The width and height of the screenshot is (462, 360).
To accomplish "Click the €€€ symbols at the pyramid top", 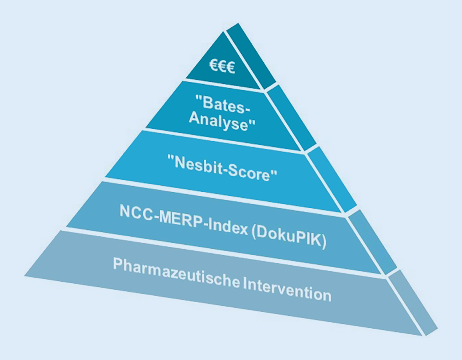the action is coord(222,67).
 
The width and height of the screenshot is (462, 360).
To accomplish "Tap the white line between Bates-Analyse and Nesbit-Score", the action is coord(225,141).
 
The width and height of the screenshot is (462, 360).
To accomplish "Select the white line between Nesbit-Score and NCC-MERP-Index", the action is coord(225,195).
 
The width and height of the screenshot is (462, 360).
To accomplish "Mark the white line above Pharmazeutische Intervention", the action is coord(225,252).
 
